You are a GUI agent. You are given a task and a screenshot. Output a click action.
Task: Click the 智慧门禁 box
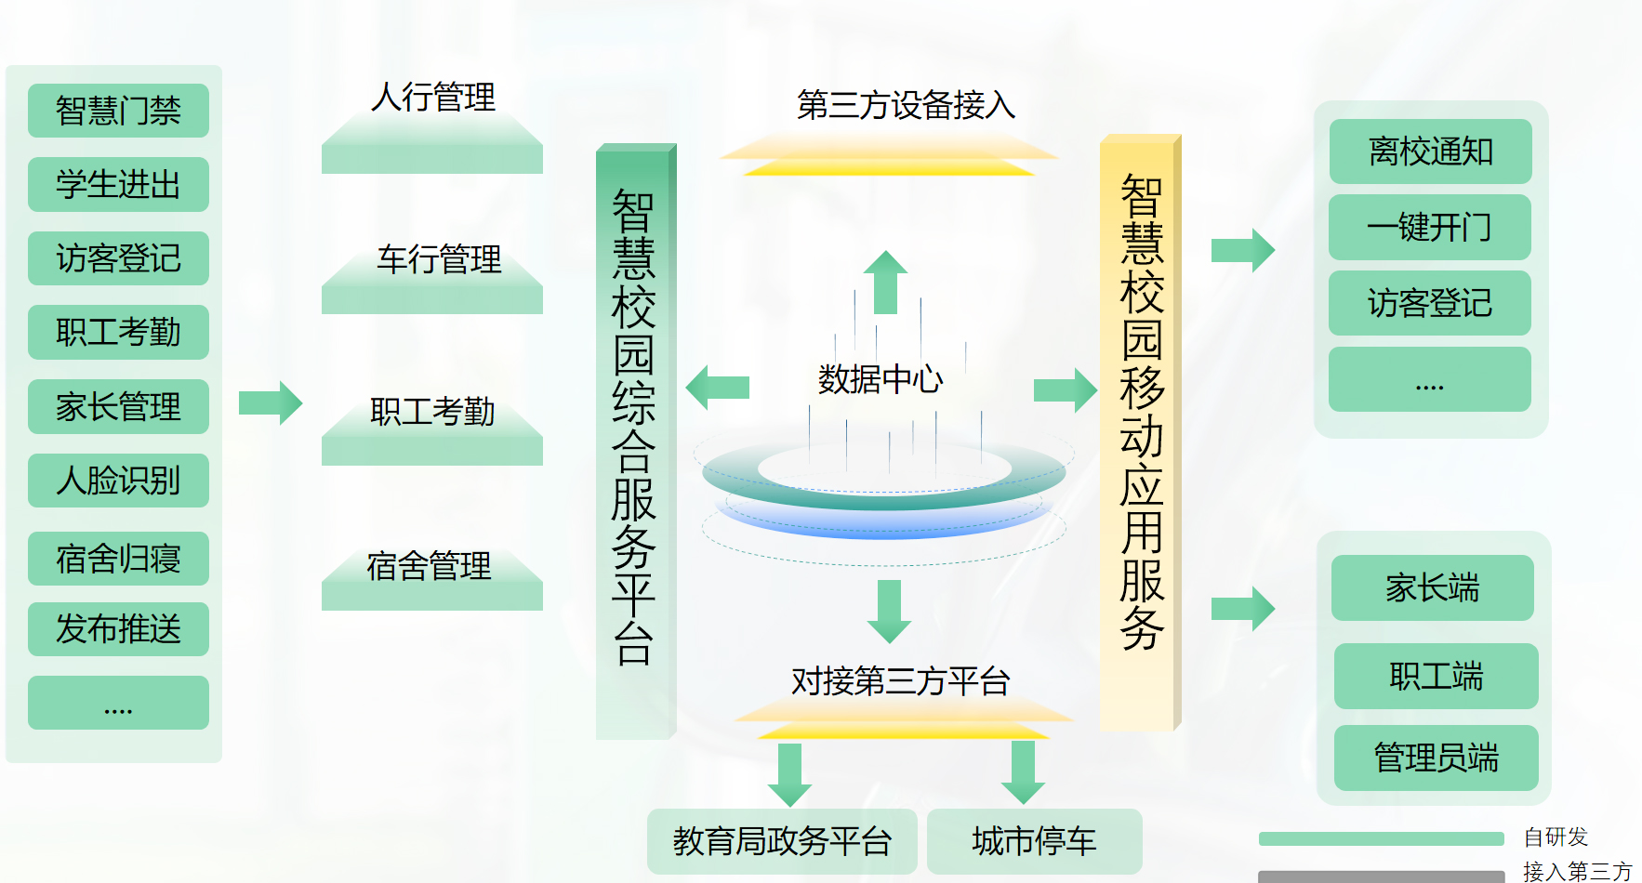(x=118, y=111)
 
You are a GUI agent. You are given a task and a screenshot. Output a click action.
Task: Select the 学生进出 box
(x=118, y=184)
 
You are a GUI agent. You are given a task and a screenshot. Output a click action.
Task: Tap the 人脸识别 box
(x=118, y=481)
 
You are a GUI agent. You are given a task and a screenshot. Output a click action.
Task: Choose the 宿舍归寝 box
(x=118, y=559)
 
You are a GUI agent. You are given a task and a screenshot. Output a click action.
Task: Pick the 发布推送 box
(x=118, y=629)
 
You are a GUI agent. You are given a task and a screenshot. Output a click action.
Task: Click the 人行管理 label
(x=433, y=97)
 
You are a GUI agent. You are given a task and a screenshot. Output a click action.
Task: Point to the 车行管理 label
(x=439, y=259)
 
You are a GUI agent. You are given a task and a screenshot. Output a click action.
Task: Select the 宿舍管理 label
(x=429, y=565)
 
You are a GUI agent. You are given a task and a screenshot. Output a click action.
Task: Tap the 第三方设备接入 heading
(x=906, y=105)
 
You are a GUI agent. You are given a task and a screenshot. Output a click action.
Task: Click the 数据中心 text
(x=881, y=379)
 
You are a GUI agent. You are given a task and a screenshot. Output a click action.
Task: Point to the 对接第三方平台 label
(x=900, y=681)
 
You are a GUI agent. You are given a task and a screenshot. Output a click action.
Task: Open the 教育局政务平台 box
(x=782, y=841)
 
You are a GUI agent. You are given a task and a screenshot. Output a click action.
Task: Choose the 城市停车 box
(x=1034, y=841)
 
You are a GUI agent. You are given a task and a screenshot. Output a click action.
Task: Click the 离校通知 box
(x=1431, y=152)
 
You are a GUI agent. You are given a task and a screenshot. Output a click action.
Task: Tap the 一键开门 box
(x=1430, y=227)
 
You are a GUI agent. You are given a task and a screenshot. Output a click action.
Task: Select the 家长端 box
(x=1433, y=587)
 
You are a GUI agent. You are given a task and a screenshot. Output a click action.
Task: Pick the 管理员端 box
(x=1437, y=758)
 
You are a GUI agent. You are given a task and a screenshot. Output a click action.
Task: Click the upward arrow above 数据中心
(x=885, y=282)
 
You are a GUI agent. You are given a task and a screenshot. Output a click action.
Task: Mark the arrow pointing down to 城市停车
(x=1024, y=772)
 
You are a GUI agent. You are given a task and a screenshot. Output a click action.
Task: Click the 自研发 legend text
(x=1556, y=837)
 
